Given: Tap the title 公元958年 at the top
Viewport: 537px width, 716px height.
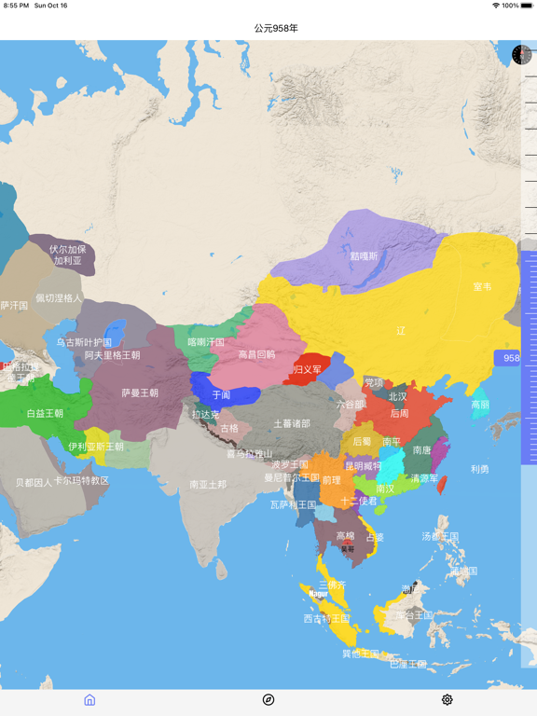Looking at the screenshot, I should click(x=276, y=28).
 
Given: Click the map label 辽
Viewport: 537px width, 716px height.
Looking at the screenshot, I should click(x=401, y=331).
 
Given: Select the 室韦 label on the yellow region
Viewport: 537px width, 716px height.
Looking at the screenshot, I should click(x=482, y=287).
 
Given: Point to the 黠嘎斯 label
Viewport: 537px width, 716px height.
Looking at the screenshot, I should click(x=364, y=255).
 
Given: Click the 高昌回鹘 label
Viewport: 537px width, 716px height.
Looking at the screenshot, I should click(x=256, y=354).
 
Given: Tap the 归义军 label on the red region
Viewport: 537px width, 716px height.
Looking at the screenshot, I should click(x=308, y=369).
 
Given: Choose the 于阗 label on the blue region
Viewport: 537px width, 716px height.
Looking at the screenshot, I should click(x=221, y=395).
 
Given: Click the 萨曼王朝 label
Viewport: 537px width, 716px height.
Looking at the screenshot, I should click(x=140, y=392).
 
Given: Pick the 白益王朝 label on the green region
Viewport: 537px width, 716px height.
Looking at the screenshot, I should click(x=45, y=413).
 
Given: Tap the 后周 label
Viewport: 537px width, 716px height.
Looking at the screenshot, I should click(x=399, y=413).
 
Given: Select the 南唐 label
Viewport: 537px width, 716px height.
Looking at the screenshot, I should click(x=421, y=450).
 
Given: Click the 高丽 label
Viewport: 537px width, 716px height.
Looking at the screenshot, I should click(x=480, y=405).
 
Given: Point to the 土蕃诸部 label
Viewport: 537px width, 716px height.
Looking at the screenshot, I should click(x=292, y=423).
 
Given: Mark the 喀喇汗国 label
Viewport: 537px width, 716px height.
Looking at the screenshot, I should click(x=206, y=342).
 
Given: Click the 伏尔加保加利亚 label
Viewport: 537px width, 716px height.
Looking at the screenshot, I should click(x=67, y=255).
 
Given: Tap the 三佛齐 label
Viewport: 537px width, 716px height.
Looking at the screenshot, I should click(x=333, y=585).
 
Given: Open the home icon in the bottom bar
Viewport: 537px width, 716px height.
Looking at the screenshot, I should click(x=89, y=699).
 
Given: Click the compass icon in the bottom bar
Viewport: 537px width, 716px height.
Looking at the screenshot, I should click(x=268, y=699).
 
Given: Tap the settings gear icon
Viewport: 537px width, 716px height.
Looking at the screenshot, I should click(x=447, y=699).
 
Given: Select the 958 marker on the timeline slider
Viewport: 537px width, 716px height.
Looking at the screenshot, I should click(x=511, y=358).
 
